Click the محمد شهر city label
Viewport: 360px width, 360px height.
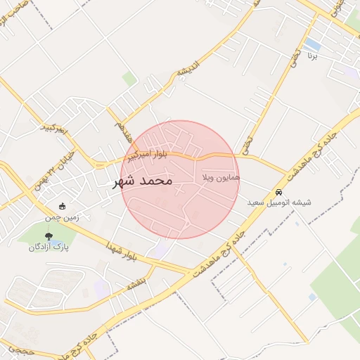point(142,181)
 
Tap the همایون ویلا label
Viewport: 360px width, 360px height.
point(221,178)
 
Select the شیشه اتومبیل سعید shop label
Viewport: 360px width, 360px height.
point(279,202)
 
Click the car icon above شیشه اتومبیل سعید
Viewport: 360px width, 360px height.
point(279,192)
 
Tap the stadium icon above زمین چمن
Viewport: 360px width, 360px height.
point(63,207)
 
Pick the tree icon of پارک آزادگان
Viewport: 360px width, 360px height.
point(48,236)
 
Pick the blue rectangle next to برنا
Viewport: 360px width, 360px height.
point(312,45)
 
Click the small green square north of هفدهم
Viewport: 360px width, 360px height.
point(129,79)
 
